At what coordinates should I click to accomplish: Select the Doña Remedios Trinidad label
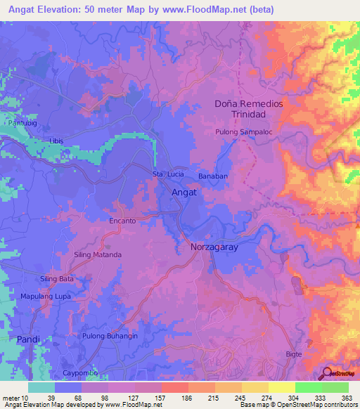248,109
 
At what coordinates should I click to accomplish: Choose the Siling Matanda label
98,254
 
